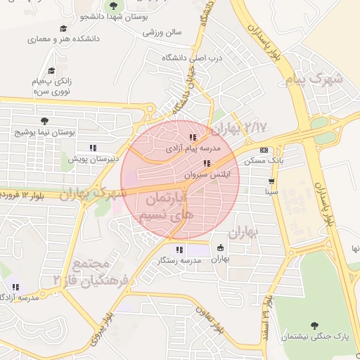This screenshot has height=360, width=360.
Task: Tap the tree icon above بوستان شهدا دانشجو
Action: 113,5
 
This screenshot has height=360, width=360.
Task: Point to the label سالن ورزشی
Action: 162,32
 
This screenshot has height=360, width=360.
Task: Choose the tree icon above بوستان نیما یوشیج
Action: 46,121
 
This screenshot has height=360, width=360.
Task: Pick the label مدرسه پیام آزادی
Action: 193,149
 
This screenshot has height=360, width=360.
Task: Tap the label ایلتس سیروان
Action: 205,173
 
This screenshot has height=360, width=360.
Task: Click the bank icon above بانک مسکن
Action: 264,150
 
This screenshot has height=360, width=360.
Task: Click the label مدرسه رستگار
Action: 179,260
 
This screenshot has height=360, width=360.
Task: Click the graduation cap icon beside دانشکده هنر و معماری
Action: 63,29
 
